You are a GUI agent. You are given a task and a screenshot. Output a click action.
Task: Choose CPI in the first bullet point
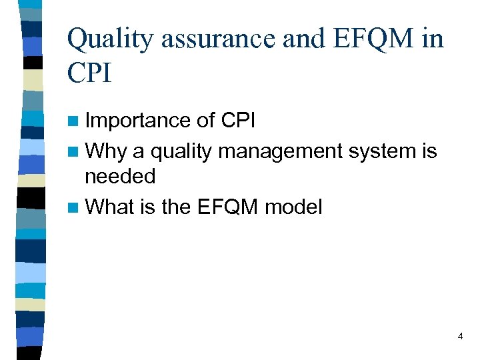[x=237, y=121]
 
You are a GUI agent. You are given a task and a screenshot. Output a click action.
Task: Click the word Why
[x=107, y=151]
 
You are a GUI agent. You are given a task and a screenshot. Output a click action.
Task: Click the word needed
[x=119, y=177]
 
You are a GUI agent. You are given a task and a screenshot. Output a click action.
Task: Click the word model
[x=293, y=207]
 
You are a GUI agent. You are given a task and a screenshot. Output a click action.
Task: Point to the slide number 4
[x=460, y=337]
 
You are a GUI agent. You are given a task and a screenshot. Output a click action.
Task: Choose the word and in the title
[x=302, y=41]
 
